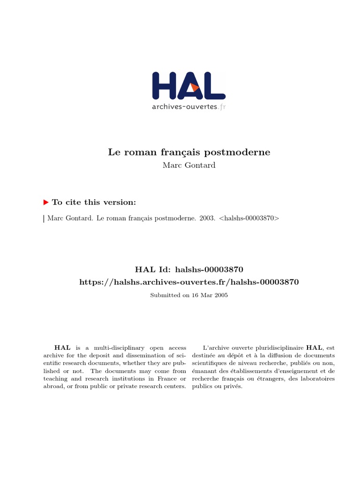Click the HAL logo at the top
188,86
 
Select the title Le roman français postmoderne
189,152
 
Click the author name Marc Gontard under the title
189,165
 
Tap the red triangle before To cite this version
46,202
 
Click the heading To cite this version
94,202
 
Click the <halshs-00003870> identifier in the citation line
249,218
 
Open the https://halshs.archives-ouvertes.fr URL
189,282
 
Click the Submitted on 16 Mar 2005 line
189,295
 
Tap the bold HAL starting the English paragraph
63,348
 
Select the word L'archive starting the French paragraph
215,348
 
